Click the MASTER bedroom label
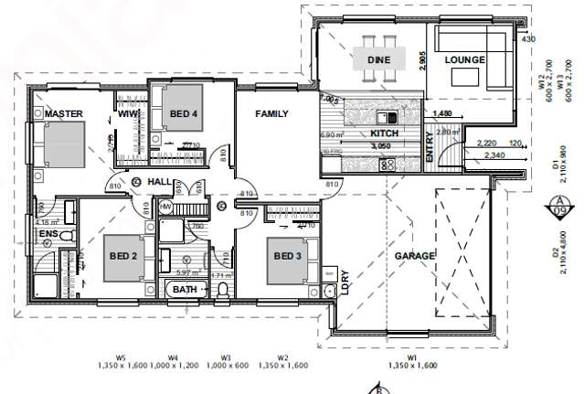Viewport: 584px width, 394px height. (64, 114)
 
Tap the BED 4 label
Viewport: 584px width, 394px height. (186, 113)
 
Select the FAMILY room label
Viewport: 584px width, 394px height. (271, 114)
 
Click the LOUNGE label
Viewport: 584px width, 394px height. (463, 59)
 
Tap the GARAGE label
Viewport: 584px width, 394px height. (414, 257)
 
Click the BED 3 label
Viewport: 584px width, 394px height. (288, 255)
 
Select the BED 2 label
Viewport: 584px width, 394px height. (122, 256)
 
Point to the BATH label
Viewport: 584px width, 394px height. (186, 291)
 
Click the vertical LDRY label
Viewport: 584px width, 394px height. (345, 284)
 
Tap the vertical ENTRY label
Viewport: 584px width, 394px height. (430, 148)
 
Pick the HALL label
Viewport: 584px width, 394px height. (160, 183)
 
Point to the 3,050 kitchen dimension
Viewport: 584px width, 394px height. (380, 146)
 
